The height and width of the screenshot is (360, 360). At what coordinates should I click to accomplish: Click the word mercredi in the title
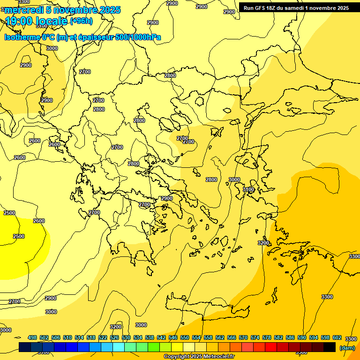pos(23,10)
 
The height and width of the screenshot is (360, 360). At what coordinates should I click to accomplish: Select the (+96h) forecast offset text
pos(81,21)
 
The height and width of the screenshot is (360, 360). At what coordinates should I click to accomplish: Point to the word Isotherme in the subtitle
pos(22,37)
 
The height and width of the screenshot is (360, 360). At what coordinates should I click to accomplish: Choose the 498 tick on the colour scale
pos(32,337)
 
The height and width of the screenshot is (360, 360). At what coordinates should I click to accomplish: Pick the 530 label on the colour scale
pos(126,337)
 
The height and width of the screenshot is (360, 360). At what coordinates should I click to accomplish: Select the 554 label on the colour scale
pos(196,337)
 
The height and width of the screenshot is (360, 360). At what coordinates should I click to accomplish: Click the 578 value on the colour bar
pos(267,337)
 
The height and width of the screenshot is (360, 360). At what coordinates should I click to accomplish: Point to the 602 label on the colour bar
pos(337,337)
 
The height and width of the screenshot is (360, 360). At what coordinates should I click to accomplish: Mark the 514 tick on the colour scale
pos(79,337)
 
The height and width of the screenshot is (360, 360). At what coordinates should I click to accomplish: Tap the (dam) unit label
pos(347,347)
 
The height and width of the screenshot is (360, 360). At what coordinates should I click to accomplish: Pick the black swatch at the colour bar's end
pos(330,347)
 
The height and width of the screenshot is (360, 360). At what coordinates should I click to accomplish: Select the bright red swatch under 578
pos(271,347)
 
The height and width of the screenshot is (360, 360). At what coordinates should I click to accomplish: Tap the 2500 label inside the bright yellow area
pos(19,236)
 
